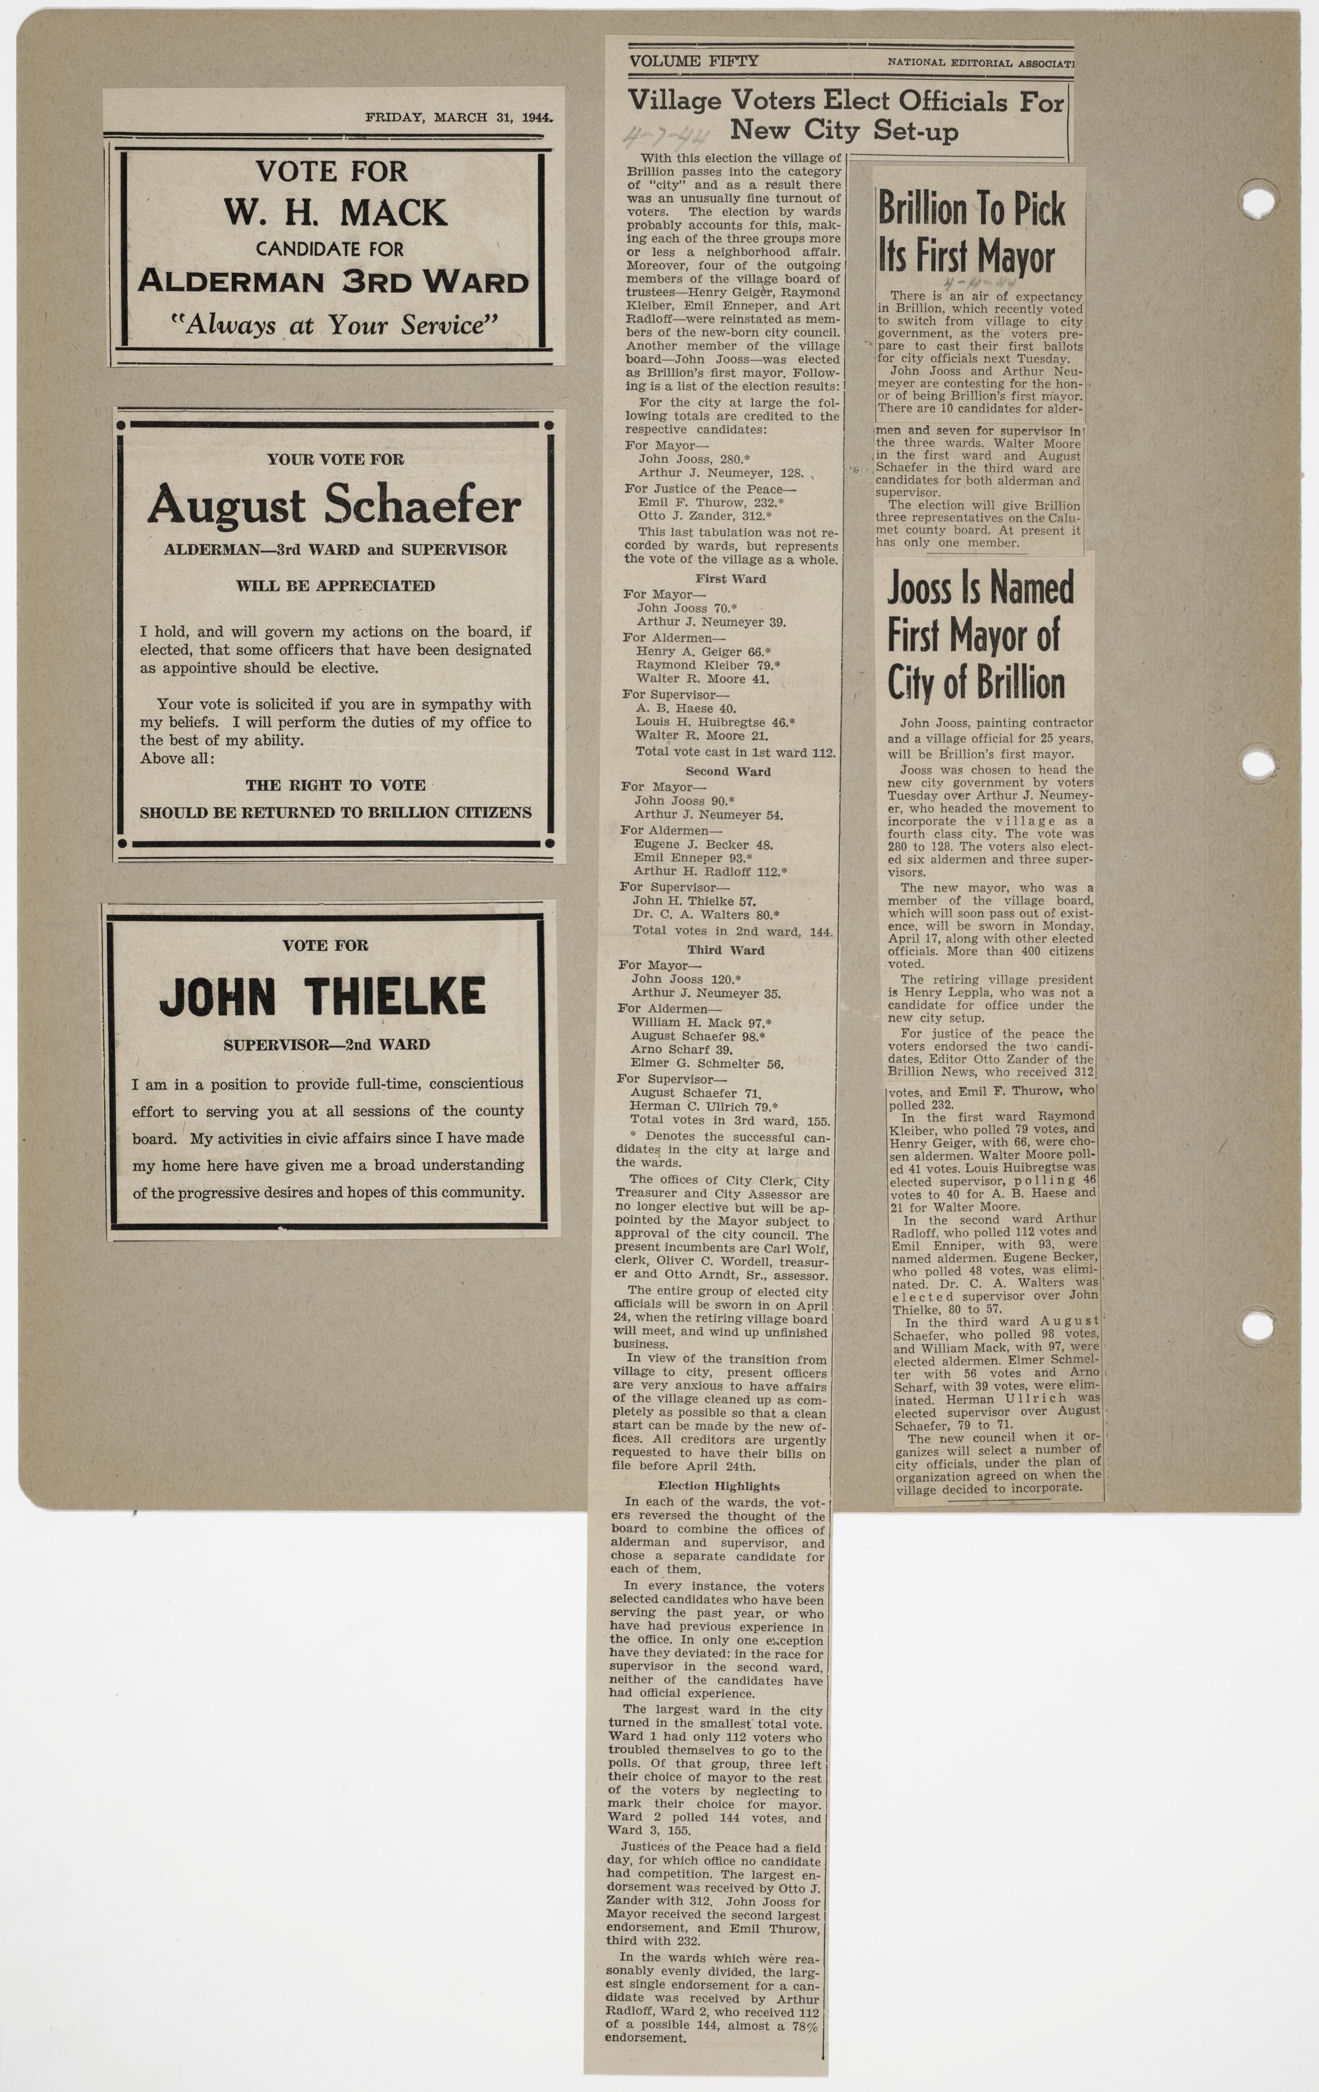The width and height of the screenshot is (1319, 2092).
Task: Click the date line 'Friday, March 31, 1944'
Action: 459,117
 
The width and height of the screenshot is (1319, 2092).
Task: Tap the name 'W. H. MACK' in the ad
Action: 334,212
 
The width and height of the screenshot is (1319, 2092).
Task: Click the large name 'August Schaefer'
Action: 334,506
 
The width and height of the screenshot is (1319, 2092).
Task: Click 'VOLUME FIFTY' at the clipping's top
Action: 694,61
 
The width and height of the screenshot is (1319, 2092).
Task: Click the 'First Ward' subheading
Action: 730,579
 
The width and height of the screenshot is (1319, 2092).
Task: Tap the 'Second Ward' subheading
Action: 728,771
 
